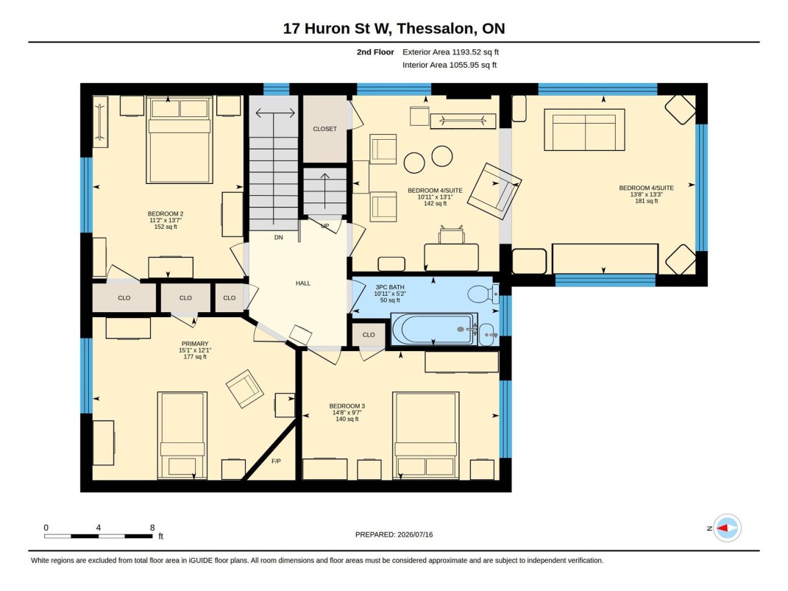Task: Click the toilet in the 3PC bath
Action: point(483,294)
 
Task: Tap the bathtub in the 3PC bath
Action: point(433,329)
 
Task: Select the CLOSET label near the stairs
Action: point(324,129)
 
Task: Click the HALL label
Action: point(303,283)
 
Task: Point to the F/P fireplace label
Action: point(276,461)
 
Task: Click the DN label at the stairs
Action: point(278,237)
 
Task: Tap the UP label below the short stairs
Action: point(325,226)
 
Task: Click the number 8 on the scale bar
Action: point(152,528)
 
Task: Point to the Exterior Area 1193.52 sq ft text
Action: point(450,52)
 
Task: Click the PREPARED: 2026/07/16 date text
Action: point(394,535)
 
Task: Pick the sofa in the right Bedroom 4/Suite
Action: point(584,130)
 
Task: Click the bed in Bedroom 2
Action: point(180,140)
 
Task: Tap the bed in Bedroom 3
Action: point(426,435)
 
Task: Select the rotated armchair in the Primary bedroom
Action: point(245,389)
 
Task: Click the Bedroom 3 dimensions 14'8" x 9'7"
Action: point(347,413)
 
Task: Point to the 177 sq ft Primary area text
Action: point(195,357)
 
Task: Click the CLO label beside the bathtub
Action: point(369,335)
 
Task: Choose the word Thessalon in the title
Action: point(436,28)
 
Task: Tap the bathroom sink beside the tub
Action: point(488,334)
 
